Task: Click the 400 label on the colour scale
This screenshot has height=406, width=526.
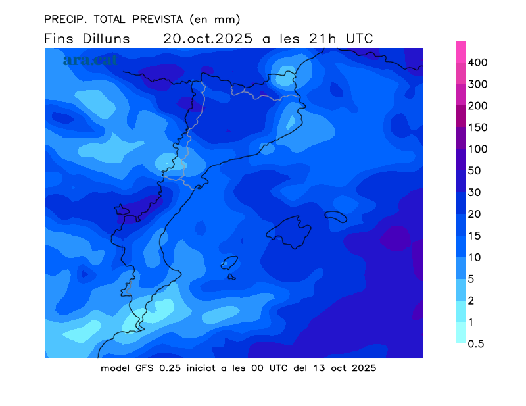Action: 487,63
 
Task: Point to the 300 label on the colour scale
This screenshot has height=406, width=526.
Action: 487,84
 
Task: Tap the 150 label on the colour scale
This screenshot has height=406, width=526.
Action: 487,128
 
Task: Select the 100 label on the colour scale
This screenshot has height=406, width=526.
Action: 487,149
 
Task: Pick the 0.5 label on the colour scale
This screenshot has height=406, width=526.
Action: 481,343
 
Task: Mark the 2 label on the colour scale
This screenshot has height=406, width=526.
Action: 478,301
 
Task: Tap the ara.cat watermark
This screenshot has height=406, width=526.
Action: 91,60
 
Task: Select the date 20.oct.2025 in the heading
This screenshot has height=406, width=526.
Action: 208,39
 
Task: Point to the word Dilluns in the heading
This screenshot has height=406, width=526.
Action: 107,39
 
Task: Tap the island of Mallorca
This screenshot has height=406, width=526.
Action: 289,231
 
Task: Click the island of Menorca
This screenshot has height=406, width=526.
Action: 335,215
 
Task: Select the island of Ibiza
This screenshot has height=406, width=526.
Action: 228,263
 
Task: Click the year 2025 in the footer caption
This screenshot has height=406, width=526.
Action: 363,368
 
